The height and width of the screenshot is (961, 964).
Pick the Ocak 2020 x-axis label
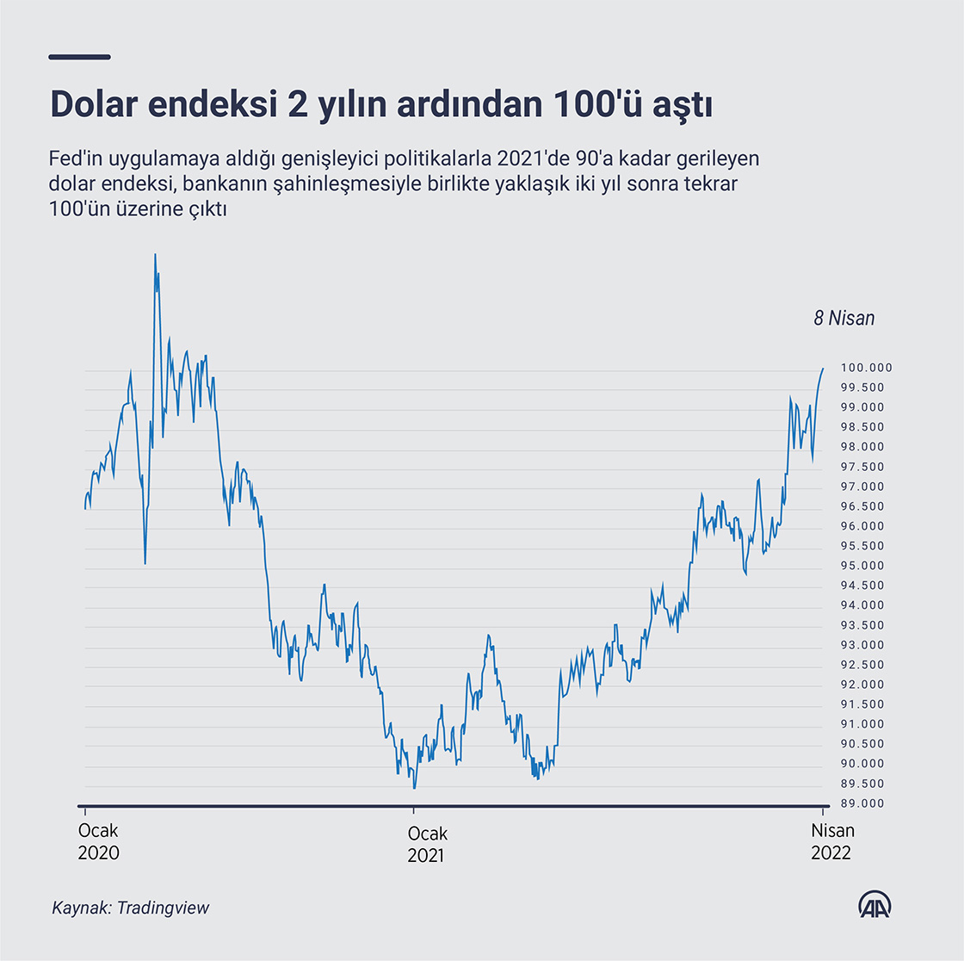pos(98,842)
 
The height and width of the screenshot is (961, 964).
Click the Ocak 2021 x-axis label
pos(427,844)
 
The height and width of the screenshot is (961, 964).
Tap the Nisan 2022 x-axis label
pos(832,842)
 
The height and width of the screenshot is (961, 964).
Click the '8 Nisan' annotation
pos(843,319)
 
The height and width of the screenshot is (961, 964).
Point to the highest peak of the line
pos(155,254)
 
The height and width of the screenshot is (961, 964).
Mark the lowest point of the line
pos(414,788)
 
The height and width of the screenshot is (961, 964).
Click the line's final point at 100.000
pos(823,369)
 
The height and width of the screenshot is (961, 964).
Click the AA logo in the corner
pos(874,904)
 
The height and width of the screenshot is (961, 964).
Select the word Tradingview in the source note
pos(164,908)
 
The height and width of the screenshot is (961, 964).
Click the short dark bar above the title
pos(80,58)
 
